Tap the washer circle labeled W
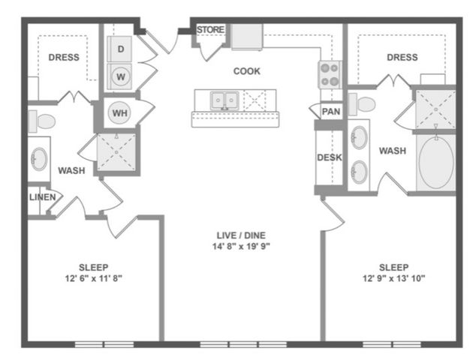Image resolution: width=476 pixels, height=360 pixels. click(122, 76)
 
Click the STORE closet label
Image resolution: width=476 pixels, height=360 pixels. click(210, 30)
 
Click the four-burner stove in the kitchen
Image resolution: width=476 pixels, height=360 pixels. click(329, 73)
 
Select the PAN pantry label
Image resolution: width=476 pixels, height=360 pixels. click(330, 112)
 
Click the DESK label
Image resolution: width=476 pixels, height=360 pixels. click(329, 157)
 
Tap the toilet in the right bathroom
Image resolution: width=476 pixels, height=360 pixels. click(365, 103)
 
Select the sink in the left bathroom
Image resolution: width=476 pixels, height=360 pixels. click(39, 158)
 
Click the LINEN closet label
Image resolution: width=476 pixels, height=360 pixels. click(42, 198)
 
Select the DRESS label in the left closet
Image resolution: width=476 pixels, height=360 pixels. click(65, 57)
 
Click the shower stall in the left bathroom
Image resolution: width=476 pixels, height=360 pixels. click(117, 153)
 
